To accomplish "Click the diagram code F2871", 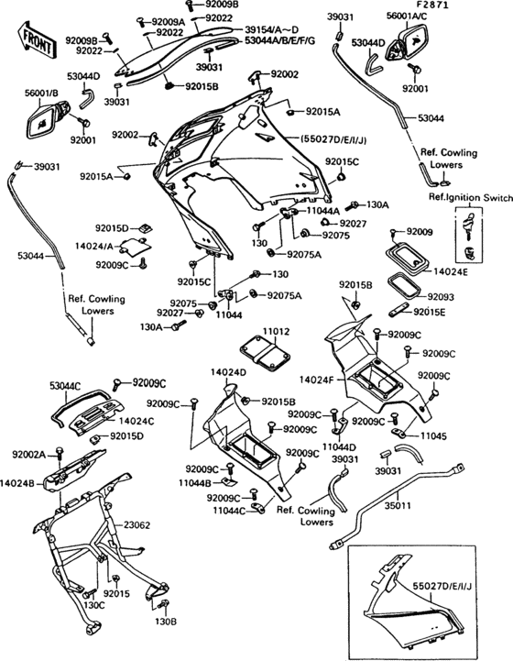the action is point(432,6).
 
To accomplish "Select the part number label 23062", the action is point(136,525).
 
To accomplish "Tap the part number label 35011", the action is point(398,505).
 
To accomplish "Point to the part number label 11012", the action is point(277,331).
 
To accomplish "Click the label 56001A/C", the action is point(407,16).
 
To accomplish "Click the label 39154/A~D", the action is point(272,29).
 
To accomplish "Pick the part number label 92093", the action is point(441,297).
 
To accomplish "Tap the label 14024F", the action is point(316,380).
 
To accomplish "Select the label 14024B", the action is point(17,483).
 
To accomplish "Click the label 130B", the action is point(166,622).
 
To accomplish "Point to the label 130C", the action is point(94,605).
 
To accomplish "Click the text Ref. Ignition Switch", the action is point(471,197).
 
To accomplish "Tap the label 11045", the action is point(433,435).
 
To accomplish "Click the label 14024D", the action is point(228,372).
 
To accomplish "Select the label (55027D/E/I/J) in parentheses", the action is point(333,139).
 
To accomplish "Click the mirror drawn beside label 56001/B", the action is point(49,120).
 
